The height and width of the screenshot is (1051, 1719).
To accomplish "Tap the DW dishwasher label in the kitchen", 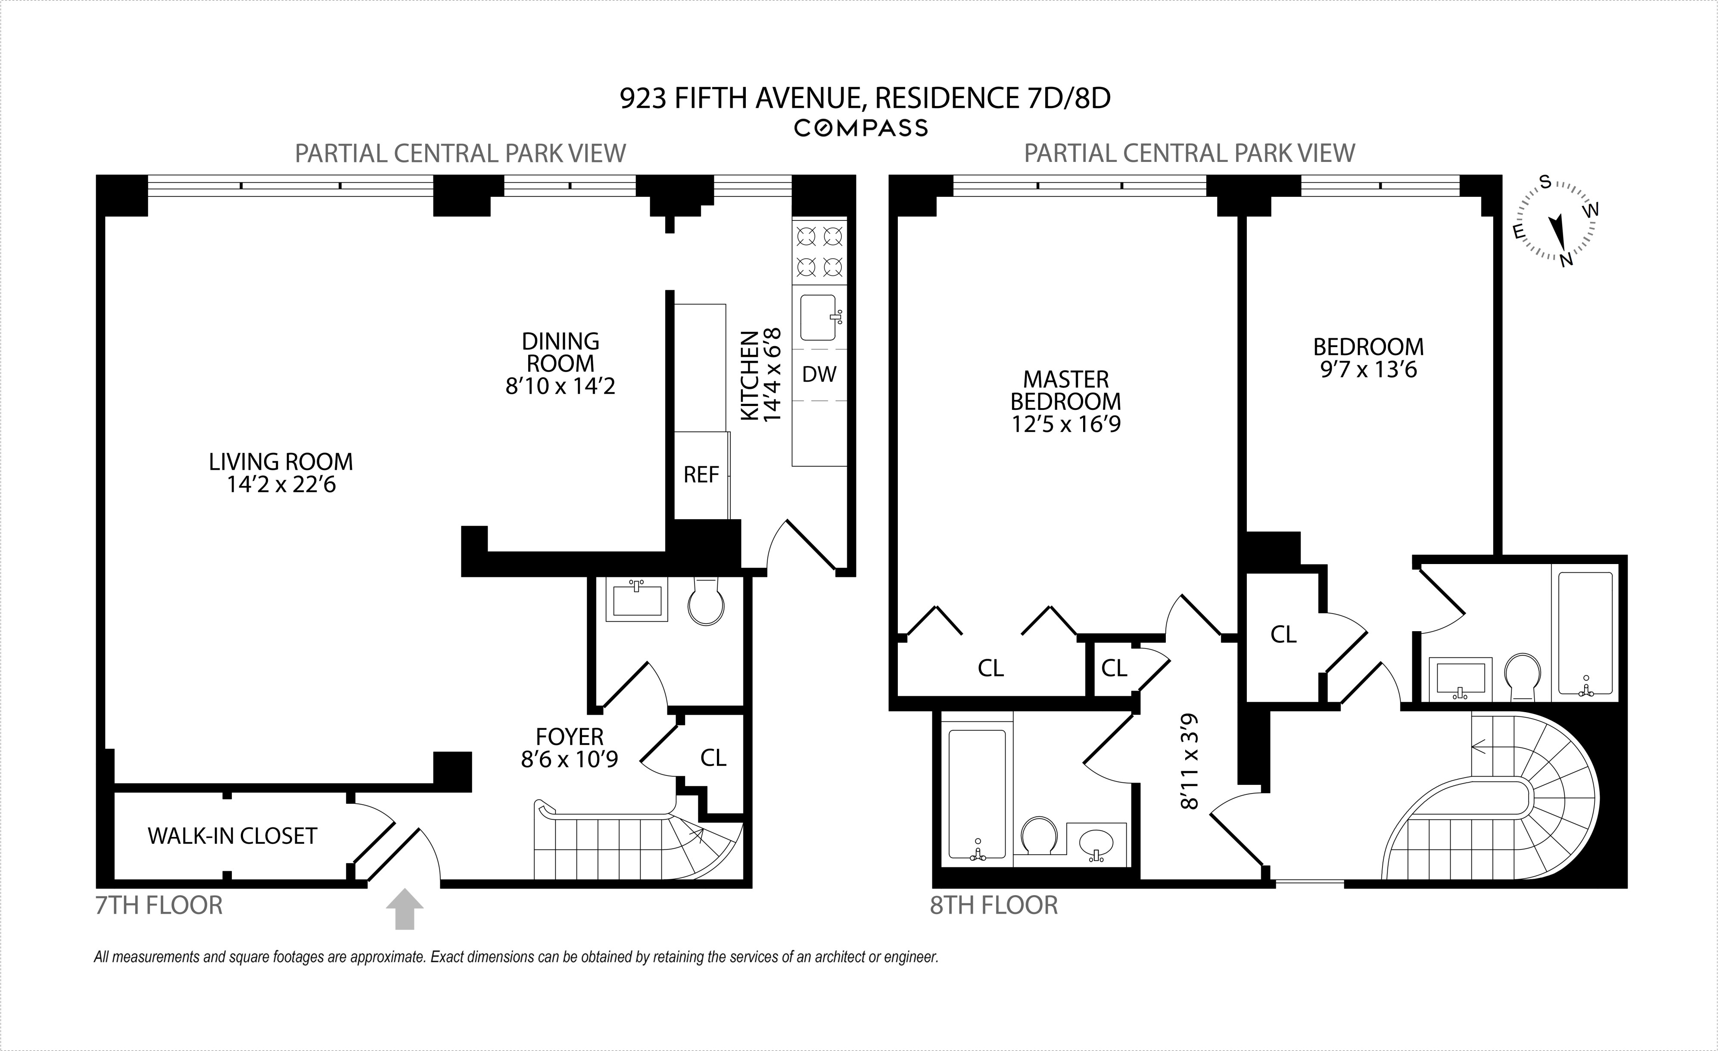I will coord(819,375).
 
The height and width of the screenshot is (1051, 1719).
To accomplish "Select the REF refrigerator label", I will coord(701,475).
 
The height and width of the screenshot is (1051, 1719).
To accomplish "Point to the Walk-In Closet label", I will coord(232,835).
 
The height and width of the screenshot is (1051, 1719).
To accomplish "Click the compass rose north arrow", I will coord(1557,232).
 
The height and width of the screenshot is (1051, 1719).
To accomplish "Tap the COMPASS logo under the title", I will coord(861,128).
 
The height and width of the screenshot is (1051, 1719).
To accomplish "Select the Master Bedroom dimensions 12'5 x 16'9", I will coord(1066,424).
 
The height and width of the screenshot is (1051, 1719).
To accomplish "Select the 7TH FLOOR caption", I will coord(159,905).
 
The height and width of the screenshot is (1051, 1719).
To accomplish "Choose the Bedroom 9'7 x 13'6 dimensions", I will coord(1368,369).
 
